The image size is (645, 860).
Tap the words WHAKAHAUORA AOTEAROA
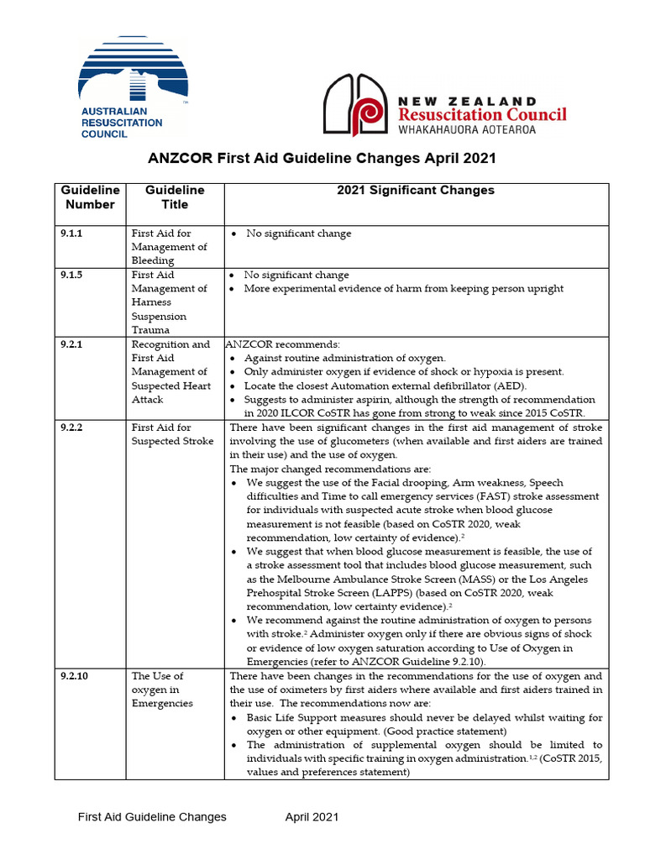pyautogui.click(x=467, y=130)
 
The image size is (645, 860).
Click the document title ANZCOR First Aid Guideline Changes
pyautogui.click(x=321, y=158)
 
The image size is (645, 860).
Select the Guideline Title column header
pyautogui.click(x=175, y=197)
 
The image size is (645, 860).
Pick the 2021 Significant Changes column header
pyautogui.click(x=415, y=191)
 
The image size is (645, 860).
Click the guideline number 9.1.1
pyautogui.click(x=71, y=233)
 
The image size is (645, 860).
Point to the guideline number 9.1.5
pyautogui.click(x=71, y=275)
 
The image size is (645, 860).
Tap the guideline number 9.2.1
pyautogui.click(x=71, y=344)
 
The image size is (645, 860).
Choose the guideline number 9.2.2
pyautogui.click(x=71, y=427)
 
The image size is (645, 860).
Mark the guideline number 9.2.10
pyautogui.click(x=75, y=675)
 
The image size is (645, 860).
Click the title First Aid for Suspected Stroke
pyautogui.click(x=172, y=434)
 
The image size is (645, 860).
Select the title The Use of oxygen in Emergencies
pyautogui.click(x=162, y=689)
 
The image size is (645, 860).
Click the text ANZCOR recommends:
pyautogui.click(x=281, y=344)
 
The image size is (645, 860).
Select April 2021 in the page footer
pyautogui.click(x=312, y=816)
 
